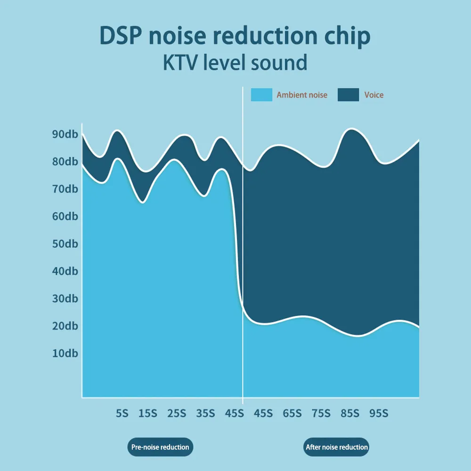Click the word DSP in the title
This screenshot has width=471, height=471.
tap(121, 36)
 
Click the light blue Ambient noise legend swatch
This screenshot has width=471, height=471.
tap(261, 95)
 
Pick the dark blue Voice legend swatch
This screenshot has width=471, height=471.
tap(348, 95)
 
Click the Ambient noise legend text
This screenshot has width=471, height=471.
tap(302, 95)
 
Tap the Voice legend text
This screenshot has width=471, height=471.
tap(374, 95)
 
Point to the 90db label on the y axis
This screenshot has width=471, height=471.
tap(65, 134)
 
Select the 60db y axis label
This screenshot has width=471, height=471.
tap(65, 216)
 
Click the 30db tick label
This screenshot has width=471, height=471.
tap(65, 298)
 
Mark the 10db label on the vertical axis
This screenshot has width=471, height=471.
tap(65, 353)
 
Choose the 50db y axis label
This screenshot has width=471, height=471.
tap(65, 244)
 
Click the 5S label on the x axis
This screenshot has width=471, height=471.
tap(122, 414)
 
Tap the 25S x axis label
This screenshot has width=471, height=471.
tap(177, 414)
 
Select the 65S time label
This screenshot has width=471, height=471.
tap(292, 414)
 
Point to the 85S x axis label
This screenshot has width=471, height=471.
tap(350, 414)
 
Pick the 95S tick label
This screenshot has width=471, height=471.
tap(379, 414)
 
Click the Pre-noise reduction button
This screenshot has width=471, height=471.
tap(160, 447)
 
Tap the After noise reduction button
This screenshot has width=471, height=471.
tap(336, 447)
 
